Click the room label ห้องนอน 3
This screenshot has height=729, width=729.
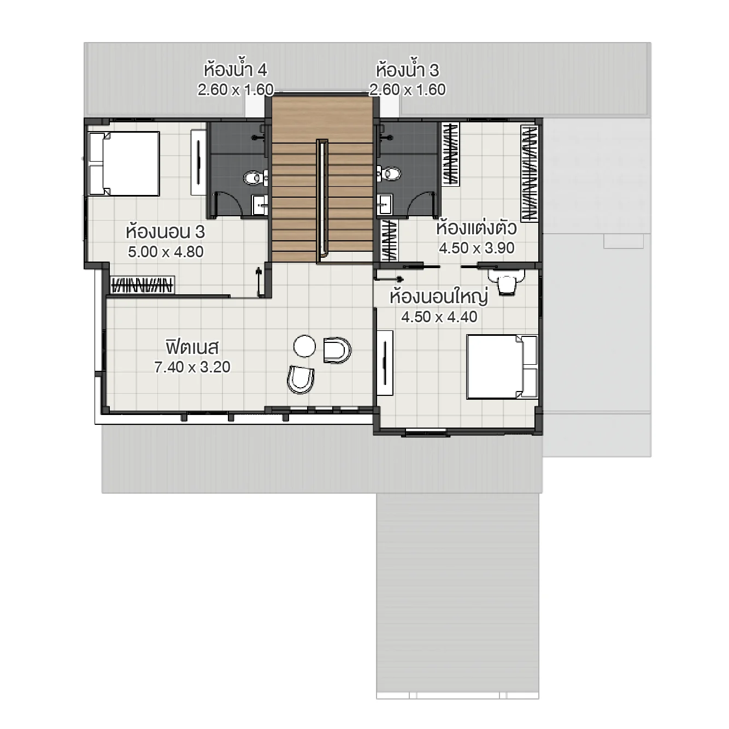pos(165,232)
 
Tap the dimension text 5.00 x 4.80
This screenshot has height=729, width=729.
pos(166,252)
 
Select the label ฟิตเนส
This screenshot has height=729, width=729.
pos(192,347)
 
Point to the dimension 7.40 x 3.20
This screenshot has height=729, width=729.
pos(192,367)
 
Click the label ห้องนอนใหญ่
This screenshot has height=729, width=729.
pos(438,297)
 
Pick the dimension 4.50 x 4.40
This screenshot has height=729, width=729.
pos(439,317)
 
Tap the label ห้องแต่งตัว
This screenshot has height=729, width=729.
pos(476,228)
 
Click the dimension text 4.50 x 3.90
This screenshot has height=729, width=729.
pos(477,248)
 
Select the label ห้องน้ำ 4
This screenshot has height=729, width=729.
pos(235,70)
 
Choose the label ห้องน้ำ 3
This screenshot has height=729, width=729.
pos(407,70)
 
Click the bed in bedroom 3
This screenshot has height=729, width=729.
pos(124,163)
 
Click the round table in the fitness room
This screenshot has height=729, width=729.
pos(304,346)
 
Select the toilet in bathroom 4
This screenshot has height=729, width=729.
pos(255,177)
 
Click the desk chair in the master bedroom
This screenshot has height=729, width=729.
pos(507,285)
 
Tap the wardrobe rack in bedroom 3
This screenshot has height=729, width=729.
pos(142,285)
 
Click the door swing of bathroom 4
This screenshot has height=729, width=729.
pos(228,204)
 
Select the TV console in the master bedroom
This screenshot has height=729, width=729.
pos(385,362)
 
